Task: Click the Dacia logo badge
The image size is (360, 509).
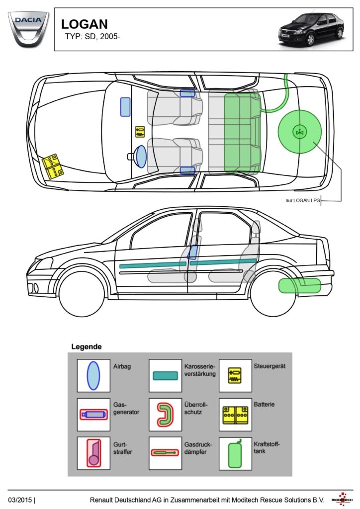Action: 28,28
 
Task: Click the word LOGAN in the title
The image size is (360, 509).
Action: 84,24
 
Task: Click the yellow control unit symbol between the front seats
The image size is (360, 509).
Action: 140,132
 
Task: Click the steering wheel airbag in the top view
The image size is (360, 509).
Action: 141,156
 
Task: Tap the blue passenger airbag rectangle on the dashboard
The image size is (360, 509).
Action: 125,107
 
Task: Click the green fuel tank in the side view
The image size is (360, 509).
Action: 299,286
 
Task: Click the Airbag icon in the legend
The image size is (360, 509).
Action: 93,376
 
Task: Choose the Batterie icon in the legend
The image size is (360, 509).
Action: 235,414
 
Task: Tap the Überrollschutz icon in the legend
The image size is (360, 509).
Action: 165,414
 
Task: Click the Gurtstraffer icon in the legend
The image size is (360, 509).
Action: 93,452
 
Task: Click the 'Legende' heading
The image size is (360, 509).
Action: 87,346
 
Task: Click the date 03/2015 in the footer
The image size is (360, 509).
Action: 20,499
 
